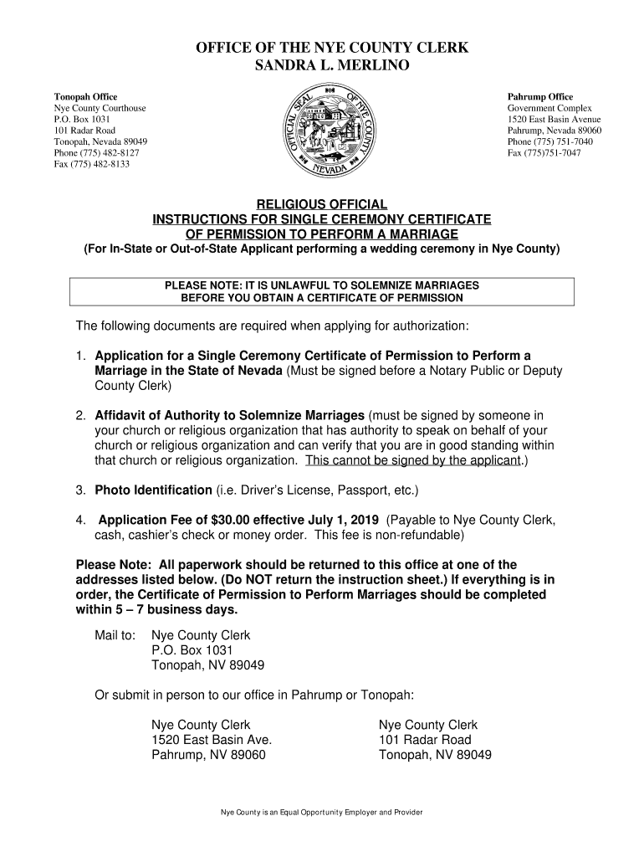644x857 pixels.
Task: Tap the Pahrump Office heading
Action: click(540, 97)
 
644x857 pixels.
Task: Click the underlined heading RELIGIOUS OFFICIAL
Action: click(321, 205)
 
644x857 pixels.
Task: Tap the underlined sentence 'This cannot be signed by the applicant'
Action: click(413, 460)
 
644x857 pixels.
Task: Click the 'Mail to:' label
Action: click(115, 635)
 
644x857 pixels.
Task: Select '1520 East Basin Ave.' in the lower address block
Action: click(212, 740)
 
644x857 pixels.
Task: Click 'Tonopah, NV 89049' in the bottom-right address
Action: click(435, 755)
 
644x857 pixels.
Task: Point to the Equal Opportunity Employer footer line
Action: click(321, 813)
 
